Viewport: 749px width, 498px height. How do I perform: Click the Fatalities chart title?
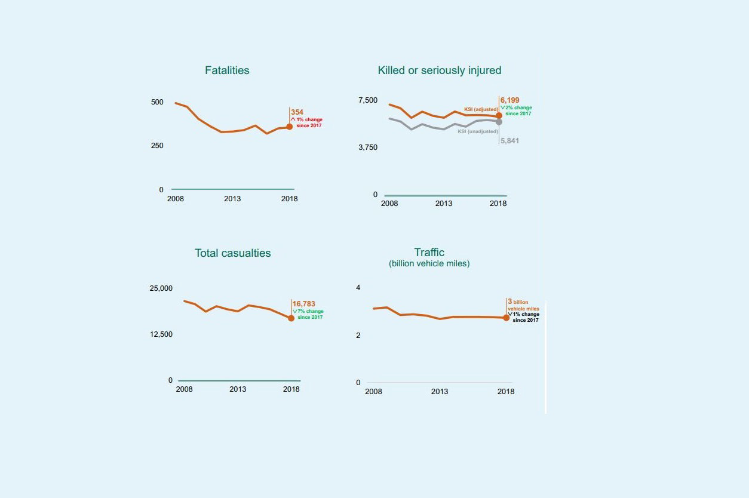point(227,70)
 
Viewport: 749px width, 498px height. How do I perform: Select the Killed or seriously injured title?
point(439,70)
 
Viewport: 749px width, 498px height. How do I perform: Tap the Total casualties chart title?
point(232,253)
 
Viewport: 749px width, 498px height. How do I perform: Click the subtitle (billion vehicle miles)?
point(429,263)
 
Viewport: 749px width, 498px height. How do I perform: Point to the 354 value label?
point(297,112)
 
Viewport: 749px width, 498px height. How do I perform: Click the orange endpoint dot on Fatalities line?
point(290,127)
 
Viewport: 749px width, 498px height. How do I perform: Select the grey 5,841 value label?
point(509,141)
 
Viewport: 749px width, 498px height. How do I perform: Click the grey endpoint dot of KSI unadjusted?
point(499,122)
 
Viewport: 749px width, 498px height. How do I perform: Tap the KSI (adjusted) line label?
point(481,109)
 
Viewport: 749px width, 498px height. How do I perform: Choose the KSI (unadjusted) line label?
point(478,131)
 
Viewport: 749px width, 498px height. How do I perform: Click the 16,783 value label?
point(303,304)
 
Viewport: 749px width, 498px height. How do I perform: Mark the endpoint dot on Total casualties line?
point(291,318)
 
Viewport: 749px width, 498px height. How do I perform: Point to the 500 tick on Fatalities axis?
point(157,102)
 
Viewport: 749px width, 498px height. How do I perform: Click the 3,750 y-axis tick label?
point(368,147)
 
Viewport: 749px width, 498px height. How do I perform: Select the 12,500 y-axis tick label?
point(161,334)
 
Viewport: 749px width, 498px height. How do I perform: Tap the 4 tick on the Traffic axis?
point(358,288)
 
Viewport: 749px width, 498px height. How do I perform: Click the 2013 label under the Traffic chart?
point(440,392)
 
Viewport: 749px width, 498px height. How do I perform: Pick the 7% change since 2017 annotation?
point(309,314)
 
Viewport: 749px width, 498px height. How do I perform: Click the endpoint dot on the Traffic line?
point(506,318)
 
